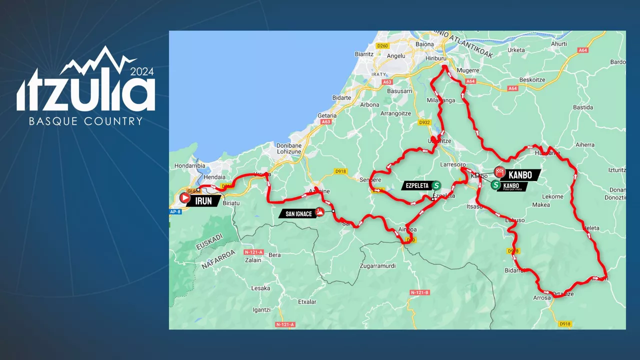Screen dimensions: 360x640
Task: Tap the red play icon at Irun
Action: (184, 198)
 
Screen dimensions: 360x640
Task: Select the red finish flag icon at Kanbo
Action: (499, 172)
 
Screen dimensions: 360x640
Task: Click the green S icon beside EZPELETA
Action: (436, 185)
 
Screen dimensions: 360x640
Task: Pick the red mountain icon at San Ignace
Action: (319, 211)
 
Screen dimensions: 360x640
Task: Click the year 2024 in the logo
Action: (142, 71)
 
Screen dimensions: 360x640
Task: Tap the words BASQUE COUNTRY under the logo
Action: (85, 121)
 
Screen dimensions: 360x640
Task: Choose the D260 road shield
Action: (382, 46)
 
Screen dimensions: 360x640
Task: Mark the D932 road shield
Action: (424, 122)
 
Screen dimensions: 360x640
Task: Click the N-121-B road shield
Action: (419, 292)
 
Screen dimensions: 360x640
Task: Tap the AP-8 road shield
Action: (175, 211)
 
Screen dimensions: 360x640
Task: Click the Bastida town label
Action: (582, 107)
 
